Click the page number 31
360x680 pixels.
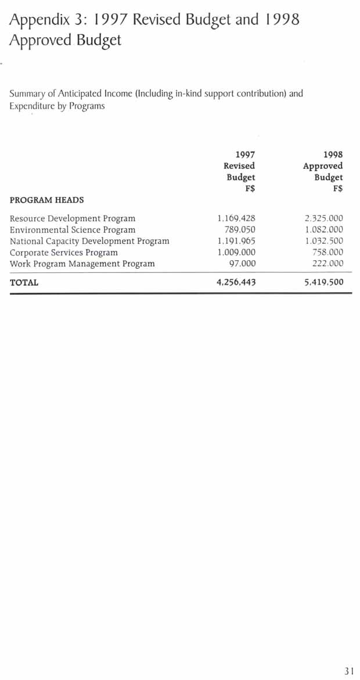tap(348, 671)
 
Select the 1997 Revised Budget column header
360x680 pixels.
tap(240, 171)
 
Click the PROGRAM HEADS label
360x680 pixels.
tap(46, 200)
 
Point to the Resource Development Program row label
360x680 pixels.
tap(73, 219)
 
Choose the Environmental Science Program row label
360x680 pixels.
tap(73, 230)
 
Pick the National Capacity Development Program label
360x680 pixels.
tap(89, 241)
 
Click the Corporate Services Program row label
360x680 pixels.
tap(64, 253)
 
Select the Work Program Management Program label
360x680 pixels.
tap(82, 264)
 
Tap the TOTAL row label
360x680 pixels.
tap(24, 283)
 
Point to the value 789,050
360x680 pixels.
tap(240, 230)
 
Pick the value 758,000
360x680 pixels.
tap(327, 253)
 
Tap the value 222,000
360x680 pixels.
tap(327, 264)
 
